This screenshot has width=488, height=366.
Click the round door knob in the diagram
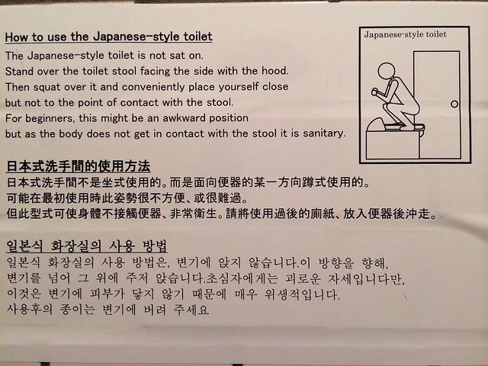(x=454, y=104)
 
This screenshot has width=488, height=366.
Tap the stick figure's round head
(x=387, y=71)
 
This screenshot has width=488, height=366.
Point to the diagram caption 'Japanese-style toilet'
(x=405, y=34)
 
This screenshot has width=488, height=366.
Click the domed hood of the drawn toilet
(x=376, y=124)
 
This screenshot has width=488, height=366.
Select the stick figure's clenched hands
(x=374, y=91)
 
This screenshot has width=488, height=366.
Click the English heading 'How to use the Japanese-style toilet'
(x=108, y=37)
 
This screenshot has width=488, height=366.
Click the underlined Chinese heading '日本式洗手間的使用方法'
(x=79, y=166)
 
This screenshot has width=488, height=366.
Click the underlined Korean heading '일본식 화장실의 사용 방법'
(x=87, y=246)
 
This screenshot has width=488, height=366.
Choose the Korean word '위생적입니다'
(x=302, y=294)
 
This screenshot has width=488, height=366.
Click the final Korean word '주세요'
(x=191, y=310)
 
